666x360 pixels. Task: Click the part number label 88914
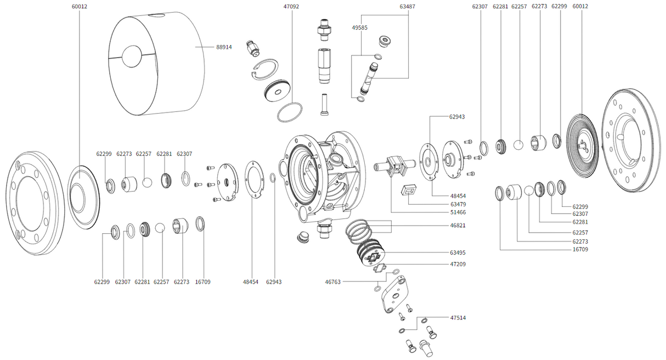tap(224, 47)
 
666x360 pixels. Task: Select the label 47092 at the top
tap(291, 7)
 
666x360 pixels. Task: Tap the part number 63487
tap(407, 7)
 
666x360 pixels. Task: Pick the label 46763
tap(333, 282)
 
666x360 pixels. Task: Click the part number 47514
tap(458, 318)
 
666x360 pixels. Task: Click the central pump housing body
tap(321, 176)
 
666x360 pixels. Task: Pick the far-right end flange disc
tap(631, 140)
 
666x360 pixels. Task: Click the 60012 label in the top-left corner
tap(80, 7)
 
